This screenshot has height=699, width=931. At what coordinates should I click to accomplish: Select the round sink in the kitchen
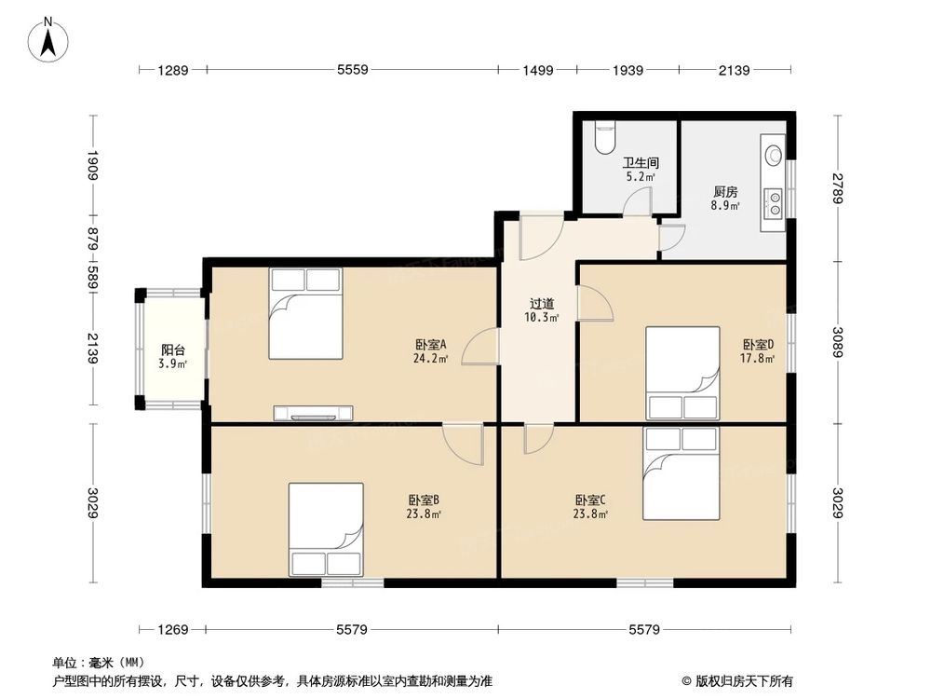(773, 156)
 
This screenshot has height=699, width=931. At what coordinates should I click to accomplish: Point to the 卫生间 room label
(641, 161)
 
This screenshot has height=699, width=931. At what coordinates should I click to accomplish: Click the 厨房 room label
(725, 192)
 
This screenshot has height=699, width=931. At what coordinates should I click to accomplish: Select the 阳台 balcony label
(173, 349)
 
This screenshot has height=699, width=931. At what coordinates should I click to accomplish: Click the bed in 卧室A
(305, 313)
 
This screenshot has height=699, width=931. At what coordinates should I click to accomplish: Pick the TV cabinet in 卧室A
(313, 413)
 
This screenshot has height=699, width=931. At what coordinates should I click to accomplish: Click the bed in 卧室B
(325, 528)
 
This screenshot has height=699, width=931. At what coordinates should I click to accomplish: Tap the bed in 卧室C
(680, 473)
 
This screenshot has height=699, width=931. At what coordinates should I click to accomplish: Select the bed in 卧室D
(683, 373)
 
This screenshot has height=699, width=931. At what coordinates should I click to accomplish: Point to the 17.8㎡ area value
(756, 358)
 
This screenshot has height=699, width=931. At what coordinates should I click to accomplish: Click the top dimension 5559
(353, 70)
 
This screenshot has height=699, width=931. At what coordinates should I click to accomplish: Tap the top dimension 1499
(537, 70)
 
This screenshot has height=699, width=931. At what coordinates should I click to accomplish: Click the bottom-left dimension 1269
(173, 630)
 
